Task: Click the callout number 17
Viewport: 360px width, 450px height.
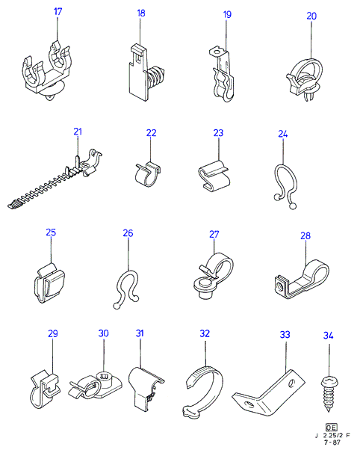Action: [x=58, y=12]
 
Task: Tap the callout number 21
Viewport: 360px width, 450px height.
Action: [x=78, y=132]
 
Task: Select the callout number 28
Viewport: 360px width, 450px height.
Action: [x=305, y=235]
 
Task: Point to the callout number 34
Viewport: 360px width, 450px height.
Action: [x=329, y=335]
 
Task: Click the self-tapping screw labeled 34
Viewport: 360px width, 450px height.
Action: [x=329, y=394]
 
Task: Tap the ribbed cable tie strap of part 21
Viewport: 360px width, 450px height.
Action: [x=43, y=189]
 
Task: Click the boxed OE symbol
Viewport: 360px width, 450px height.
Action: [x=332, y=428]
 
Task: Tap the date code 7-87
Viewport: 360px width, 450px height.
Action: [x=332, y=443]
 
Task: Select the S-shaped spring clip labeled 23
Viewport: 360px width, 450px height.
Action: [x=214, y=176]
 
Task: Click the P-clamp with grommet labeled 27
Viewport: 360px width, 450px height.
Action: [x=214, y=276]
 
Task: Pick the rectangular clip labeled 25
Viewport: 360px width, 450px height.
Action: [x=49, y=283]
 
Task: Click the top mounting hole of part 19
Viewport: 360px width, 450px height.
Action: [x=217, y=52]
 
